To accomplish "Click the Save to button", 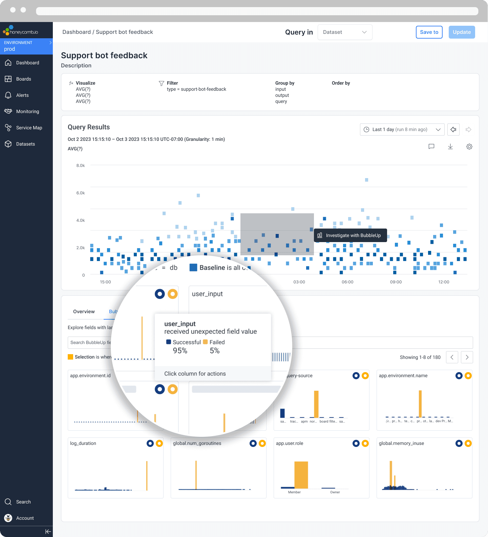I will (x=429, y=32).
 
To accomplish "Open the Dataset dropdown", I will (x=345, y=32).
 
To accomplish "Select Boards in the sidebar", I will (x=23, y=79).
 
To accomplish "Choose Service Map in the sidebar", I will (x=29, y=128).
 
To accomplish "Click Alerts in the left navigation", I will (x=22, y=95).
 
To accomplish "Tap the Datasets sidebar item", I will (x=25, y=144).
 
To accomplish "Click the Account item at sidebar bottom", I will (x=25, y=518).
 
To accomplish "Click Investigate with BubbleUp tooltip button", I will (x=350, y=235).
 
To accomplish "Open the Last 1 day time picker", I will (x=402, y=129).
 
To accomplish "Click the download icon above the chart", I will (x=450, y=147).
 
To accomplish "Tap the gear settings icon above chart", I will (x=469, y=147).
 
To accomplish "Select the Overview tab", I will (x=84, y=312).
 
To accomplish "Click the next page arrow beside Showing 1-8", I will (x=467, y=357).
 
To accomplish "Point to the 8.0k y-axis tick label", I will (x=81, y=166).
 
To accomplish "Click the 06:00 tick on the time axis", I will (x=347, y=282).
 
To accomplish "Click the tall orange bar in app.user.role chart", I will (x=301, y=475).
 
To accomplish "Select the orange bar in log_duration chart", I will (x=147, y=475).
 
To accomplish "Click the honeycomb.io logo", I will (x=21, y=31).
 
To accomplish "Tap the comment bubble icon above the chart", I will (x=431, y=147).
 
